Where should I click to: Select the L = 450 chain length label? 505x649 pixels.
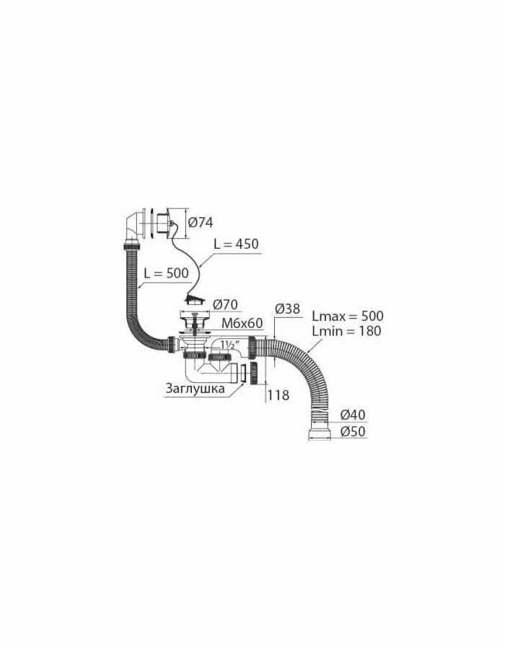237,244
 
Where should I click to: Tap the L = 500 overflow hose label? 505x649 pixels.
166,273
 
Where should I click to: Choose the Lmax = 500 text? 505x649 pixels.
347,317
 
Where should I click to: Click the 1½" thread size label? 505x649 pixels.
230,345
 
